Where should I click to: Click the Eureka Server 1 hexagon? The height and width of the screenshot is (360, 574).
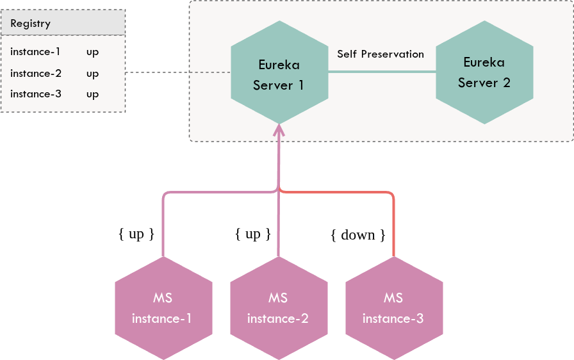tap(279, 73)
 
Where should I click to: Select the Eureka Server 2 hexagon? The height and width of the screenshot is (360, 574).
tap(484, 72)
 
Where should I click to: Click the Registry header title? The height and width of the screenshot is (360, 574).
tap(30, 24)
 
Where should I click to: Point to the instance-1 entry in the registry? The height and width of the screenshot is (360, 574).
tap(35, 52)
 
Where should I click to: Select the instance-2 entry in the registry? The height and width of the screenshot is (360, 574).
tap(35, 73)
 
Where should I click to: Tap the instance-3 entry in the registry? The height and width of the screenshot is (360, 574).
tap(35, 94)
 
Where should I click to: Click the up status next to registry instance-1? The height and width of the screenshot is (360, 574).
tap(92, 53)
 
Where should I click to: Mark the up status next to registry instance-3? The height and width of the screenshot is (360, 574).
tap(92, 95)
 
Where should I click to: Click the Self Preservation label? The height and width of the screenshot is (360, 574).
tap(381, 54)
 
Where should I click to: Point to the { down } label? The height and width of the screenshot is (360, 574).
tap(358, 235)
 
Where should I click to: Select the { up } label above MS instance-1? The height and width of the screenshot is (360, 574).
tap(136, 234)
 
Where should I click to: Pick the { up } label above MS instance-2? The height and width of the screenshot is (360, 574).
tap(253, 234)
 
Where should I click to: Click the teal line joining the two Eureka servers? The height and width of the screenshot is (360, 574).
tap(382, 72)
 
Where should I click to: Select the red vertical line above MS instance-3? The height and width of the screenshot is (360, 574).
tap(393, 231)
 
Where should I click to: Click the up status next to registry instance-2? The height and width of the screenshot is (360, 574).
tap(92, 74)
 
